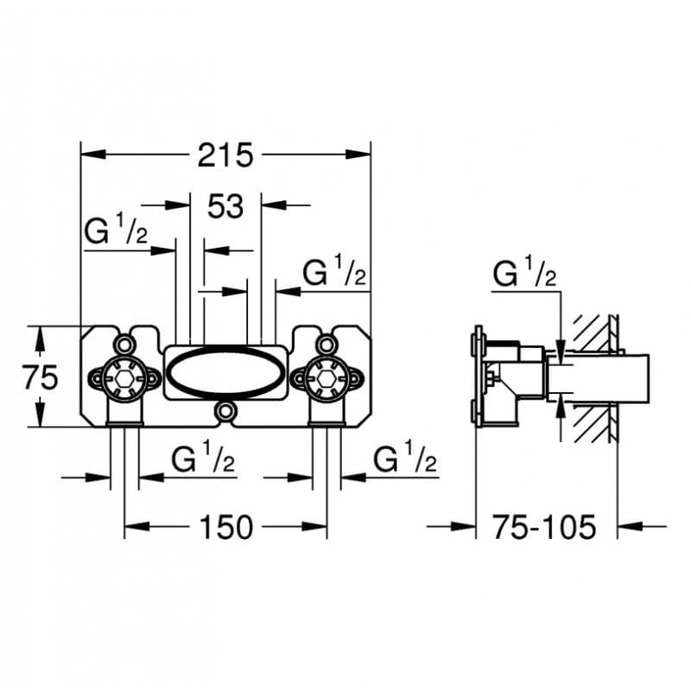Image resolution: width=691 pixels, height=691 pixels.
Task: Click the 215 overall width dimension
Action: [225, 155]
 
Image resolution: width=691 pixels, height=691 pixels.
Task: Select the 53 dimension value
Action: [226, 206]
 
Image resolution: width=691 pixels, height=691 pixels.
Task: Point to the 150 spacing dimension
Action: [225, 526]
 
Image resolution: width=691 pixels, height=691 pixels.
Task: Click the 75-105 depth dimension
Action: [544, 526]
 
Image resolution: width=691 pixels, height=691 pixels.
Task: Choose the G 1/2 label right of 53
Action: [335, 274]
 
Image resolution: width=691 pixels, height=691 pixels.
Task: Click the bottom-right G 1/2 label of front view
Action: [404, 460]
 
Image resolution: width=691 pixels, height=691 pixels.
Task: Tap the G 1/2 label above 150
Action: [203, 460]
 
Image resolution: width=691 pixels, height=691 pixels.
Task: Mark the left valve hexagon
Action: [124, 377]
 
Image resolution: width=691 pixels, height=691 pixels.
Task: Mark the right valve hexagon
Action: [326, 377]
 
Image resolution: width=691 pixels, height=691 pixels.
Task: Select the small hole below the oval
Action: [226, 411]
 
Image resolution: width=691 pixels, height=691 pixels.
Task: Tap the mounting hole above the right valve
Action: [326, 345]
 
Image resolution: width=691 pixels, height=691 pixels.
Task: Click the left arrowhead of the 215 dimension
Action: [86, 155]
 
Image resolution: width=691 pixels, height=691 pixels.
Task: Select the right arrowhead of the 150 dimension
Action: [320, 526]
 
